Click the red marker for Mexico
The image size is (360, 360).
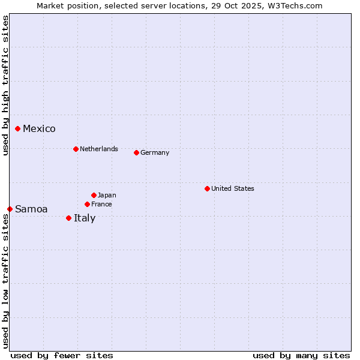click(x=18, y=128)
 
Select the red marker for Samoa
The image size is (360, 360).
click(x=10, y=209)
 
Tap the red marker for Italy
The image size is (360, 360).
click(x=69, y=218)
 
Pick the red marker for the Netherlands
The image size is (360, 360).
click(x=76, y=149)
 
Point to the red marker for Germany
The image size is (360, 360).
click(x=136, y=152)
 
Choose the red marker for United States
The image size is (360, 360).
click(x=207, y=188)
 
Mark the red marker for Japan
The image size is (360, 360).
click(x=94, y=195)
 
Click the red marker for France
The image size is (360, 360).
click(x=87, y=204)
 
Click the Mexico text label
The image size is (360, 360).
click(x=39, y=129)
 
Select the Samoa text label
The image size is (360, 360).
click(x=31, y=209)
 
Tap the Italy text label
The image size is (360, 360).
click(x=85, y=218)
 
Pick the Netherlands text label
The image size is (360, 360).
click(x=99, y=149)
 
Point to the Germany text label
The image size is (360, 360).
click(x=155, y=152)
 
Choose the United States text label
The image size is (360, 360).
click(x=233, y=188)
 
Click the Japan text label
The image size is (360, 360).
click(x=107, y=195)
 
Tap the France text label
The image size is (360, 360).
click(x=101, y=204)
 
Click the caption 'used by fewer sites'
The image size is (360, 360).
click(x=62, y=355)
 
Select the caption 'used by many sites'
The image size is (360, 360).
click(x=301, y=355)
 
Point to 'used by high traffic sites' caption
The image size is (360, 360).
click(x=5, y=85)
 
